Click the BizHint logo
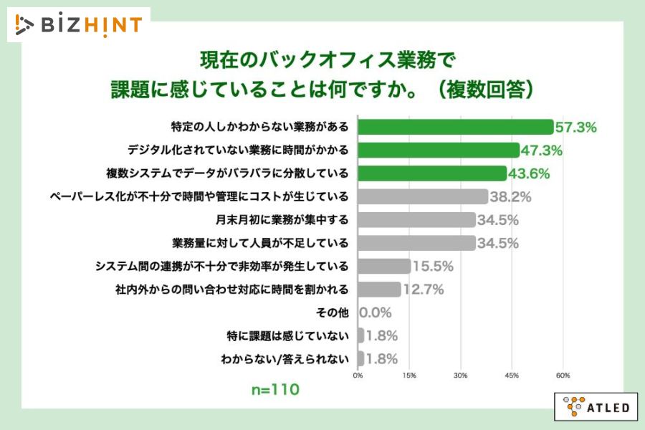79,24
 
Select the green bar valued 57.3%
455,128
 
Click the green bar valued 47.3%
438,150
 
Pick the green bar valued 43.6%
431,173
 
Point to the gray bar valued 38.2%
422,196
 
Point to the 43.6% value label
530,173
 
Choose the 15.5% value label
434,266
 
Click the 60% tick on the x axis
563,375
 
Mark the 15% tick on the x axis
409,375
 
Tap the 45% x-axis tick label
512,375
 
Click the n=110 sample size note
274,391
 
